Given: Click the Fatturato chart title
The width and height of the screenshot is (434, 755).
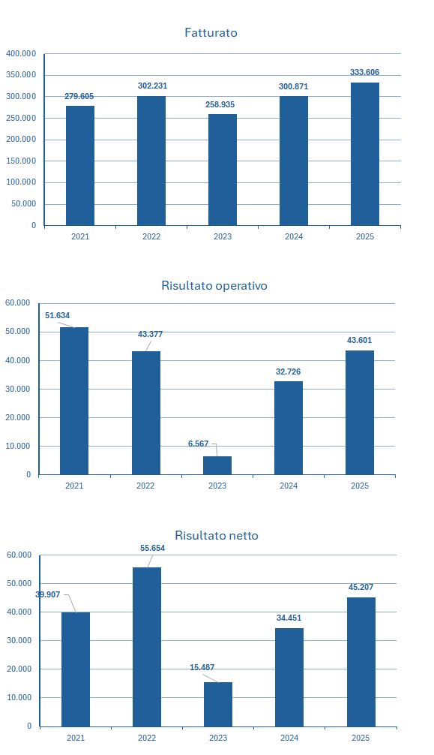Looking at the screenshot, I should [211, 33].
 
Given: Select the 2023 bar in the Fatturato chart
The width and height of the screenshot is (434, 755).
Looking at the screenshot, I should [223, 170].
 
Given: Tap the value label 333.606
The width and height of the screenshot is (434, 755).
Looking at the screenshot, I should [364, 72].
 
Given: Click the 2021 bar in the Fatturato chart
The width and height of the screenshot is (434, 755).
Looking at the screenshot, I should [80, 165].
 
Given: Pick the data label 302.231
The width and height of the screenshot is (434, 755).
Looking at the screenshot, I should [152, 86].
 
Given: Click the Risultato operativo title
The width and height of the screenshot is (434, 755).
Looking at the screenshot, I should [214, 285].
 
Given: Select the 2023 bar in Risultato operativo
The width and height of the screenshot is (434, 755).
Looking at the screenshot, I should [217, 465].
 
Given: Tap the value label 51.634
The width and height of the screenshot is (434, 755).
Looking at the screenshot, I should [57, 316].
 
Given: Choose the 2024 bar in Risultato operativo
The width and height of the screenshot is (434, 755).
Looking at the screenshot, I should [289, 428].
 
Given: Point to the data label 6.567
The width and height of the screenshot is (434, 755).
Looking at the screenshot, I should [198, 444].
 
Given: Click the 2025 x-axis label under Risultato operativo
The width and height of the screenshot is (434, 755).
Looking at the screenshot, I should [360, 486].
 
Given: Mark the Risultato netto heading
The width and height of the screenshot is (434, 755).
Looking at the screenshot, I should [217, 535].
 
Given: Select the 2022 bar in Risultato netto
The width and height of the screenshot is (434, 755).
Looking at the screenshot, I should [147, 647].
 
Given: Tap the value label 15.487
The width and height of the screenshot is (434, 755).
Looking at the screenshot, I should [202, 667].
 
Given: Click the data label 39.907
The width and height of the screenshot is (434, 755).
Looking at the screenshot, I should [47, 594].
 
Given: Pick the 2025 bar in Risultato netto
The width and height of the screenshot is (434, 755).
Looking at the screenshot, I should [361, 661].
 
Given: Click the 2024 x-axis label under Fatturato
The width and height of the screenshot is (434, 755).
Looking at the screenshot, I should [294, 236].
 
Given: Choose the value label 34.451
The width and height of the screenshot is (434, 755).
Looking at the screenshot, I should [289, 618].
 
